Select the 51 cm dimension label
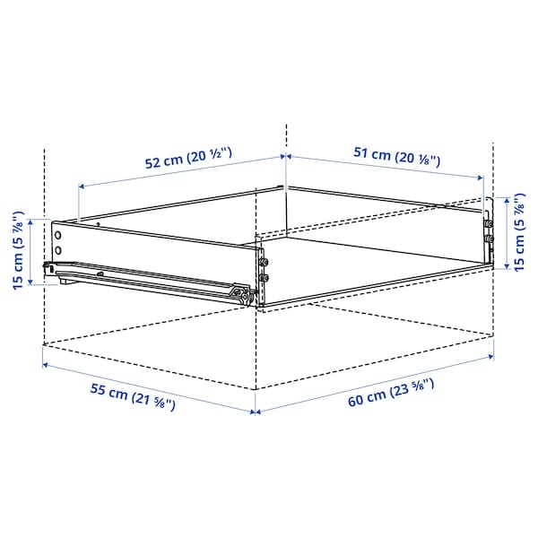pos(395,154)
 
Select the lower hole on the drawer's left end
pos(58,248)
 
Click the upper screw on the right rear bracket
pos(489,224)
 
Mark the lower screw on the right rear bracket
pos(489,240)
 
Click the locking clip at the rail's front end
pos(239,291)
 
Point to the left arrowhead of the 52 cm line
pos(82,187)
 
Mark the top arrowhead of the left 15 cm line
pos(34,221)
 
